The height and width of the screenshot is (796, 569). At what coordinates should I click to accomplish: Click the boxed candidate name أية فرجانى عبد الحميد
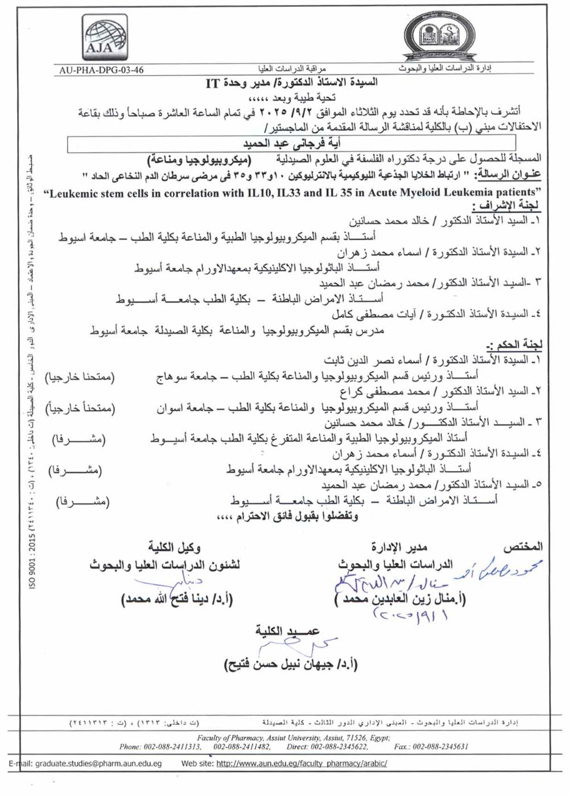pyautogui.click(x=291, y=143)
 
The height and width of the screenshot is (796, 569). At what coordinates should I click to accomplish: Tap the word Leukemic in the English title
pyautogui.click(x=72, y=193)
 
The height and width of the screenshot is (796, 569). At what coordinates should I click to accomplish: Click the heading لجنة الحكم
pyautogui.click(x=515, y=345)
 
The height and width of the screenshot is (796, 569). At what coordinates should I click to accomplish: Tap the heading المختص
pyautogui.click(x=523, y=547)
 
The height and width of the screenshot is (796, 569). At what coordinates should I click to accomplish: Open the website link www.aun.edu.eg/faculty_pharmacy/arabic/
pyautogui.click(x=302, y=764)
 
